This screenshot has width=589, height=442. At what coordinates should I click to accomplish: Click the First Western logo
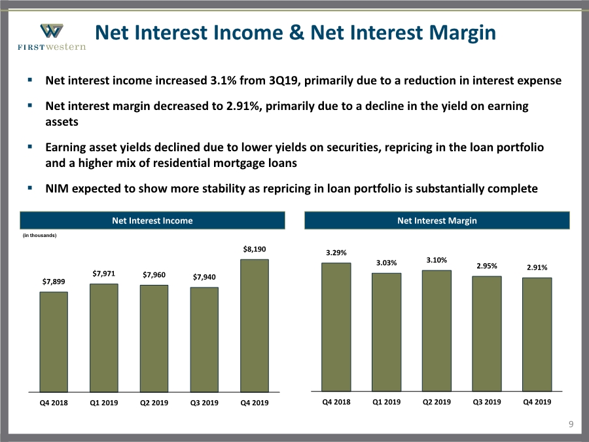coord(52,37)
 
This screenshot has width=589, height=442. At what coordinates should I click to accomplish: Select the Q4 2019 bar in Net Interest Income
coord(255,326)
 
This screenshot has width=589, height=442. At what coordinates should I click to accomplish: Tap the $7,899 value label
coord(54,282)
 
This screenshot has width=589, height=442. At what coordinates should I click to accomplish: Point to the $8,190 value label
coord(255,249)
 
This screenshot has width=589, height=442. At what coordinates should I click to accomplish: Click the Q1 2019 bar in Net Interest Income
coord(103,338)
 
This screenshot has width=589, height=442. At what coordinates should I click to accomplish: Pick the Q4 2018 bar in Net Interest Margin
coord(336,327)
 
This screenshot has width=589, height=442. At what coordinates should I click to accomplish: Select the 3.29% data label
coord(336,253)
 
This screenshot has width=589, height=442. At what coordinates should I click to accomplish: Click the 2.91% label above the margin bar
coord(537,267)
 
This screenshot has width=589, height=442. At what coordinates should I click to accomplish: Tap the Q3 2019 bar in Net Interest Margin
coord(487,334)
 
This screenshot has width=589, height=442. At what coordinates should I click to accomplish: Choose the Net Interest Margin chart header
coord(437,221)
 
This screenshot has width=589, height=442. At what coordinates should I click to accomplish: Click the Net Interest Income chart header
coord(152,221)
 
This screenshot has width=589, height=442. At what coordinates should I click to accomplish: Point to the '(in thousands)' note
coord(39,235)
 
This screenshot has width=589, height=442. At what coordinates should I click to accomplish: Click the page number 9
coord(571,424)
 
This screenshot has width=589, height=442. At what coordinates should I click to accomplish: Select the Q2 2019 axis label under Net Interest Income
coord(154,403)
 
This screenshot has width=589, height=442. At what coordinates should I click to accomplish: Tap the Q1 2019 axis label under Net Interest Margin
coord(387,402)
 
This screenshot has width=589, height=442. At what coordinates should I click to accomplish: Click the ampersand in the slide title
coord(296,32)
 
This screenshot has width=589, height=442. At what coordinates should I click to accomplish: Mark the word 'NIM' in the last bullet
coord(57,189)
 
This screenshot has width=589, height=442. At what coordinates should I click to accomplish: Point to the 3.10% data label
coord(437,260)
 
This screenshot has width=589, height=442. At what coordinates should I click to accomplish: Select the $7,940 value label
coord(204,277)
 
